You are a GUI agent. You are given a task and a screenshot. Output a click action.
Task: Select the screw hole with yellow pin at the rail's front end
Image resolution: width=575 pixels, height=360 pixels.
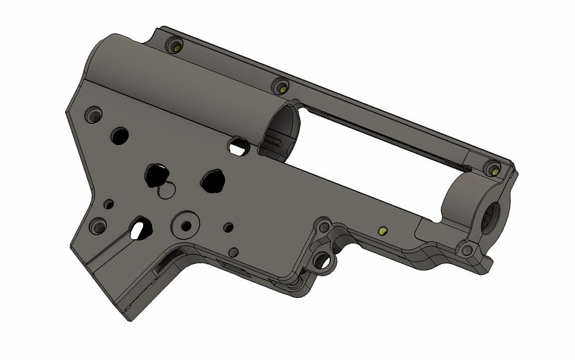tap(493, 169)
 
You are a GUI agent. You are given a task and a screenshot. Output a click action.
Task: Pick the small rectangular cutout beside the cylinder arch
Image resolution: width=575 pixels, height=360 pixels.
tap(238, 146)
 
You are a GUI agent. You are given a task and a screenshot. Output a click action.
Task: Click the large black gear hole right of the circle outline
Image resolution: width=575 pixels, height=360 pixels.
tap(212, 181)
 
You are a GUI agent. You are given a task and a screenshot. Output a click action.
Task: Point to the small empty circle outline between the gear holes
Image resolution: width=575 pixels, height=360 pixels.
tap(167, 190)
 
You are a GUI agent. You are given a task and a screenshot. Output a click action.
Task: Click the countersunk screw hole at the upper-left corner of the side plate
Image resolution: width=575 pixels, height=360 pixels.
tap(95, 114)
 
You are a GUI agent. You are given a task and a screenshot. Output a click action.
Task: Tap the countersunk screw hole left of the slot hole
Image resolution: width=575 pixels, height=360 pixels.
tap(98, 226)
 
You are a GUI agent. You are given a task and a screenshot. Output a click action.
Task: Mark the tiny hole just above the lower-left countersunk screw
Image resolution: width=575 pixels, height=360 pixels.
tap(109, 205)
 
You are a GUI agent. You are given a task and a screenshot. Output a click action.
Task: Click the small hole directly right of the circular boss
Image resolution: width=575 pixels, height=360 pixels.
tap(228, 228)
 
